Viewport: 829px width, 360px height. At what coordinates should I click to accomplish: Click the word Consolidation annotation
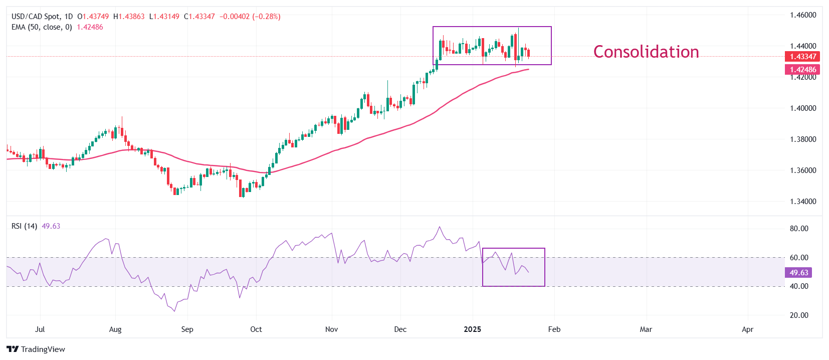(646, 52)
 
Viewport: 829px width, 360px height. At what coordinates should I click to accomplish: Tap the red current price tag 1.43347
(802, 57)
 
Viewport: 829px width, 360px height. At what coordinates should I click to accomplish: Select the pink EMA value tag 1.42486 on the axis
(802, 70)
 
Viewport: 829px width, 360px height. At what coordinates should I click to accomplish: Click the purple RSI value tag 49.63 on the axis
(798, 273)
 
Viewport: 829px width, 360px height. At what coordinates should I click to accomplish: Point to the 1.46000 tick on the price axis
(802, 15)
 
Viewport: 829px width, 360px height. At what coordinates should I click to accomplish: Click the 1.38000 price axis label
(802, 139)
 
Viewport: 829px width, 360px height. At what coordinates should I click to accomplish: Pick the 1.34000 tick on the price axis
(802, 202)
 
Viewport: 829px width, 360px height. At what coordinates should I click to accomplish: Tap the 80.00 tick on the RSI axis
(799, 229)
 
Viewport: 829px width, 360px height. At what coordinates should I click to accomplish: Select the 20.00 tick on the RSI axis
(799, 315)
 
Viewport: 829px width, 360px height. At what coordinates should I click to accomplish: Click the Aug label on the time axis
(115, 329)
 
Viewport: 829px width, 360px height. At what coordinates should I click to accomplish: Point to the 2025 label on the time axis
(472, 329)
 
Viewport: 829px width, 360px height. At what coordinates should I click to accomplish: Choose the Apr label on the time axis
(747, 329)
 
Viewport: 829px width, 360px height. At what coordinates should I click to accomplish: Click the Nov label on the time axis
(331, 329)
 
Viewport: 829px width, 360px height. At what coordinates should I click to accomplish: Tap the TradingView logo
(36, 349)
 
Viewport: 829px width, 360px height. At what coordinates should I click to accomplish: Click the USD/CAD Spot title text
(35, 17)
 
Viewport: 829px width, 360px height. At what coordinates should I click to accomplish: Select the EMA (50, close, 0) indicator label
(42, 27)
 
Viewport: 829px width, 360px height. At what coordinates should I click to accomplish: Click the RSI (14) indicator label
(24, 226)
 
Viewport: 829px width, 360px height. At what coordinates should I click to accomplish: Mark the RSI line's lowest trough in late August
(174, 311)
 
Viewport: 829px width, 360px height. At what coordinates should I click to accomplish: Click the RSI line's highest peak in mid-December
(440, 227)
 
